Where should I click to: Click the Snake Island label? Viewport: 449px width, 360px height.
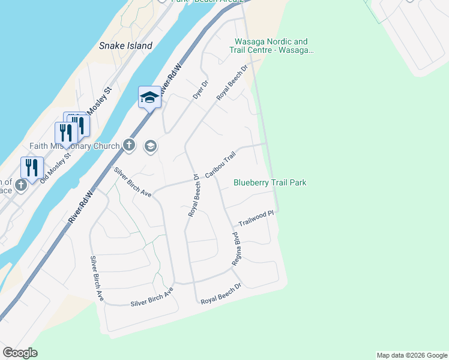click(x=125, y=46)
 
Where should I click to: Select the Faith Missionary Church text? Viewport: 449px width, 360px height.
click(x=75, y=146)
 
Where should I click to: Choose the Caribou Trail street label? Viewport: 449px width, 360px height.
click(x=220, y=163)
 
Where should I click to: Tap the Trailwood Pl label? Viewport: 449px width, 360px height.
click(x=256, y=222)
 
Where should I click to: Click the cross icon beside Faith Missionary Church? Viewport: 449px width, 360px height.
click(x=128, y=145)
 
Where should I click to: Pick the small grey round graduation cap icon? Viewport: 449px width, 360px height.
click(x=150, y=146)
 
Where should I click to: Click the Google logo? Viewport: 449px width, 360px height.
click(x=20, y=353)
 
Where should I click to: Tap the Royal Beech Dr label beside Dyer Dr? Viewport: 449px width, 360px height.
click(x=232, y=82)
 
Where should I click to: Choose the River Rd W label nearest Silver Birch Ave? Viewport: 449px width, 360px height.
click(x=82, y=207)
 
